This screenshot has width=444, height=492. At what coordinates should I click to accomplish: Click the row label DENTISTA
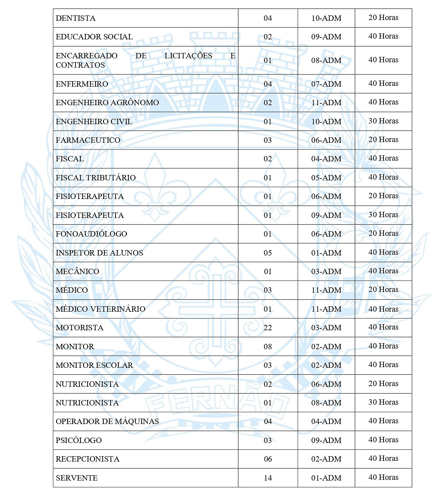75,18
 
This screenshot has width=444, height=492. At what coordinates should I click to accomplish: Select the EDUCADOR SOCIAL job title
94,37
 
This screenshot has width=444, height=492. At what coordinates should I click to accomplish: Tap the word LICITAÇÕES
188,56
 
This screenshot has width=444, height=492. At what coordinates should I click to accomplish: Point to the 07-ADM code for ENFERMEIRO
326,84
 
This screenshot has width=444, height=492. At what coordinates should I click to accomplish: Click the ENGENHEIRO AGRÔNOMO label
107,103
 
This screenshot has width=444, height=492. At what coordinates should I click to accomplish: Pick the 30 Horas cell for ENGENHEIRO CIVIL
383,121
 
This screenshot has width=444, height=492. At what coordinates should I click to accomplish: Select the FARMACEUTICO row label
88,140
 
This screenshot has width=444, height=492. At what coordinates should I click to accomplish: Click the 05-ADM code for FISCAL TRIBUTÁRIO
326,178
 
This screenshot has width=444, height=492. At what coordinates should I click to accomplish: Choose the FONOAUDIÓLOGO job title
91,234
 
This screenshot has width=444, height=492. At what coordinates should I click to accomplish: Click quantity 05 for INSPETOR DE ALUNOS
268,253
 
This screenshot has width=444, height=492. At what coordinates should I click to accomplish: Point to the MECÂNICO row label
77,272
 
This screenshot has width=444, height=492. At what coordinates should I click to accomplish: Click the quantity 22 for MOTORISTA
268,328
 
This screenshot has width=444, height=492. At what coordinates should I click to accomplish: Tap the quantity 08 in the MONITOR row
268,347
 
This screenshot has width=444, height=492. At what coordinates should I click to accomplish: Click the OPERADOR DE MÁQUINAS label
107,422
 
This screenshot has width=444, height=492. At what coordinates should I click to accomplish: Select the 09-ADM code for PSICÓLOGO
326,440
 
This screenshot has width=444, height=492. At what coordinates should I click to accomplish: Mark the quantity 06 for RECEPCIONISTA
268,459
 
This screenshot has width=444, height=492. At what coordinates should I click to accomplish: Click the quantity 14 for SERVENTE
268,478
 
